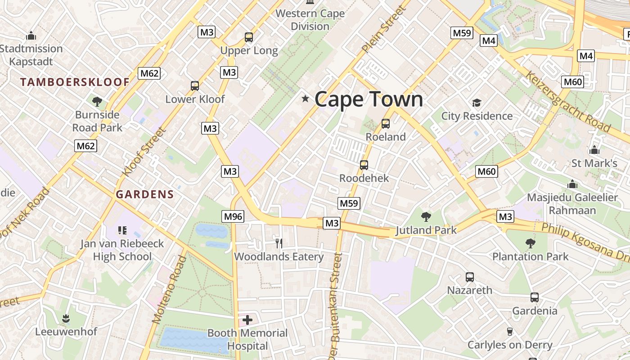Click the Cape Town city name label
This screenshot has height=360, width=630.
(x=369, y=99)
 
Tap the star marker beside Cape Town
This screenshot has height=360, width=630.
(x=306, y=99)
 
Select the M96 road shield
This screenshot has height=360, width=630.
(x=233, y=216)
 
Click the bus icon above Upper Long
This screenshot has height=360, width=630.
(x=249, y=37)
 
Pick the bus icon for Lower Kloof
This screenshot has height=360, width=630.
(x=195, y=85)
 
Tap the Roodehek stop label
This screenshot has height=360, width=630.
(x=364, y=178)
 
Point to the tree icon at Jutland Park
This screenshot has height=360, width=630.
(x=426, y=217)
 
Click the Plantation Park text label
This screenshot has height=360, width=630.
(x=530, y=256)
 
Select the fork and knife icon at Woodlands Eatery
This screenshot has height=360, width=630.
(x=279, y=243)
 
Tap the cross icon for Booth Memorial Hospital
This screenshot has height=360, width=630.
(x=247, y=320)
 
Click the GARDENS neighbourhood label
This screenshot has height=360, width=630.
(x=144, y=194)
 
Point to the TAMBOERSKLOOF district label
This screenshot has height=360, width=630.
(x=75, y=82)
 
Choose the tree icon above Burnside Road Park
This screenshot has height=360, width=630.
(x=97, y=101)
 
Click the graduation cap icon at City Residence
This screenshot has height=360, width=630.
(x=477, y=103)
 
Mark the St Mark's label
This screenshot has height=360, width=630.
(x=594, y=163)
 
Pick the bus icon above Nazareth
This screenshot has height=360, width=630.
(x=469, y=277)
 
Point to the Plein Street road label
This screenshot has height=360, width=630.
(x=383, y=30)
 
